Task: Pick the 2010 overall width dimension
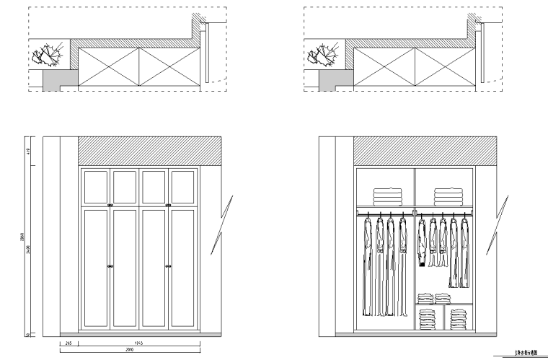130,348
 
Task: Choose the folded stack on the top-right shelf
447,196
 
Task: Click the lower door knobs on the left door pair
111,266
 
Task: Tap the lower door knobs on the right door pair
168,266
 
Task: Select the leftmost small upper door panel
96,186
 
